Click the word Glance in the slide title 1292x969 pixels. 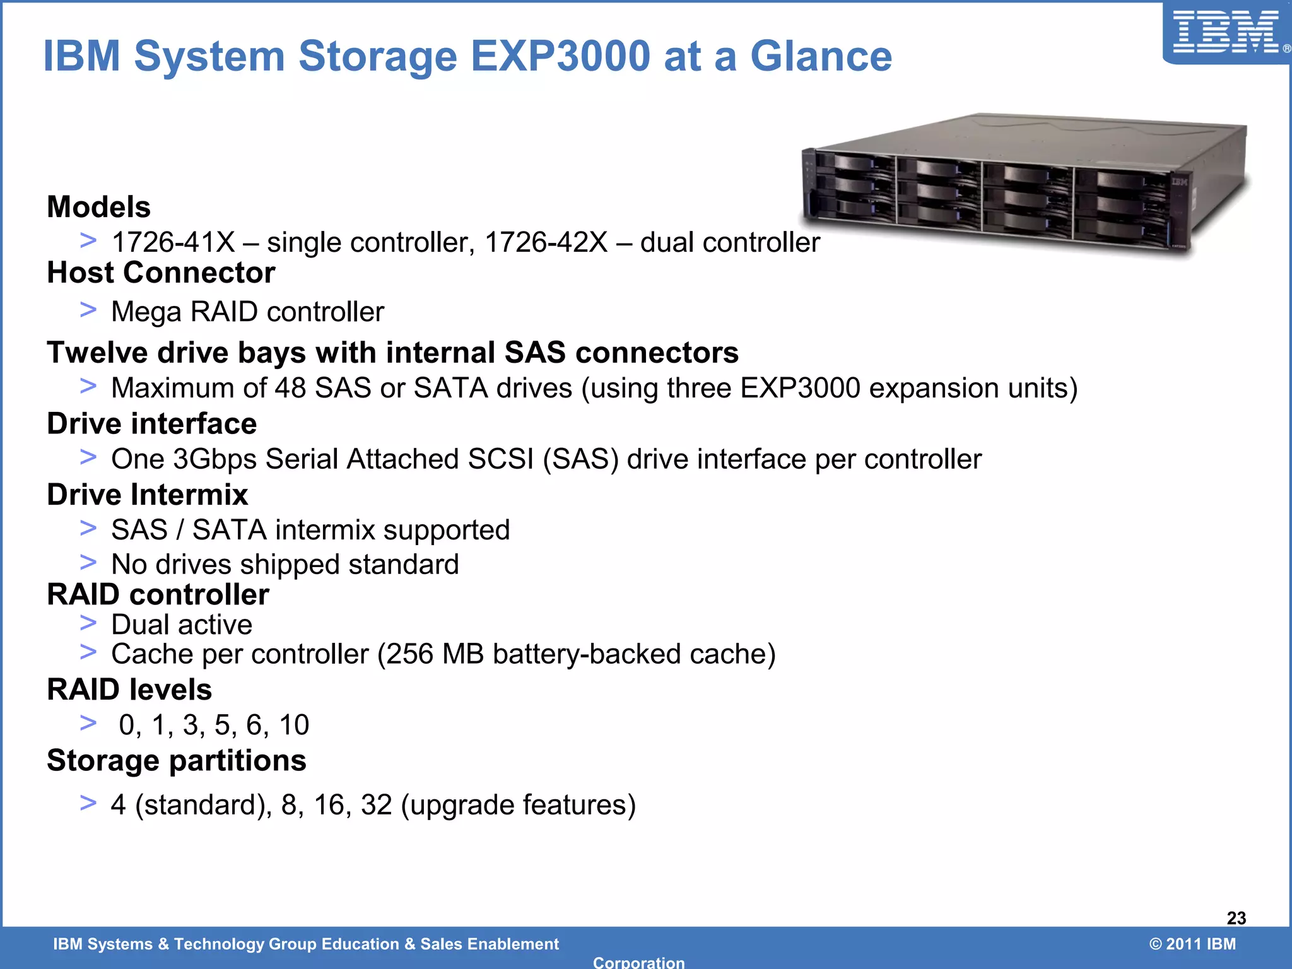click(x=821, y=56)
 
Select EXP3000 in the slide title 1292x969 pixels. click(x=560, y=56)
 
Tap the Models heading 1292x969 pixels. click(x=99, y=207)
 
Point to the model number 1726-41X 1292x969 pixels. click(x=173, y=242)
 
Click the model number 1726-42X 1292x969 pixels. click(x=546, y=242)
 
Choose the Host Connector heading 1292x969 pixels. click(x=161, y=273)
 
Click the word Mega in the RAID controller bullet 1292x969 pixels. click(x=146, y=312)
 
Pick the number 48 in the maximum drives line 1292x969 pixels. click(x=290, y=388)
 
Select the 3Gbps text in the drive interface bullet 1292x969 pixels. click(x=214, y=459)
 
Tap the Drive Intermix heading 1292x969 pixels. click(x=148, y=495)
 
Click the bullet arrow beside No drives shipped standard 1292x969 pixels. click(x=88, y=561)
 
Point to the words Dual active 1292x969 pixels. click(x=182, y=625)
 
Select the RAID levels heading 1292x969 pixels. click(x=129, y=690)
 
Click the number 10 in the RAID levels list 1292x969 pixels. click(x=294, y=725)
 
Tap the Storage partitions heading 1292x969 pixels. click(x=177, y=761)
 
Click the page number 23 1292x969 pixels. click(x=1236, y=918)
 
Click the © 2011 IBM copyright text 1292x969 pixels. click(x=1192, y=944)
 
